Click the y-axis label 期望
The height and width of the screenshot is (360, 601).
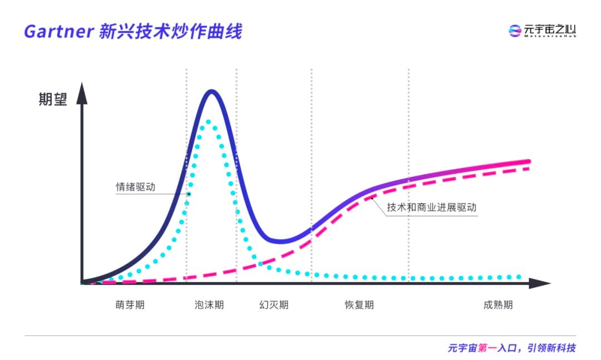(53, 100)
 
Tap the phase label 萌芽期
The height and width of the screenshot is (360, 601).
(130, 305)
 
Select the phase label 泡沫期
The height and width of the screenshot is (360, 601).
(209, 305)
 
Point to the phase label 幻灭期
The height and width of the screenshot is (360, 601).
(274, 305)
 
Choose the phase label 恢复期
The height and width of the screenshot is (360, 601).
(359, 305)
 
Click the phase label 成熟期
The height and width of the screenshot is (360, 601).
(498, 305)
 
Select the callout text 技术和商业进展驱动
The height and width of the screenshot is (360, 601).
(432, 207)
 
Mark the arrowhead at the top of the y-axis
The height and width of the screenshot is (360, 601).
(82, 89)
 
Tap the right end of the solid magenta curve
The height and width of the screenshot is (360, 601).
(528, 162)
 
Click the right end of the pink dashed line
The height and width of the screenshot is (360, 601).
(527, 168)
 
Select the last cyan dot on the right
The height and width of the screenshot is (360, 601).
(519, 277)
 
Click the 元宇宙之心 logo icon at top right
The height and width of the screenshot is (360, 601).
(515, 31)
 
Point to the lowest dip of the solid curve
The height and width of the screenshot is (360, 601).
(282, 241)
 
